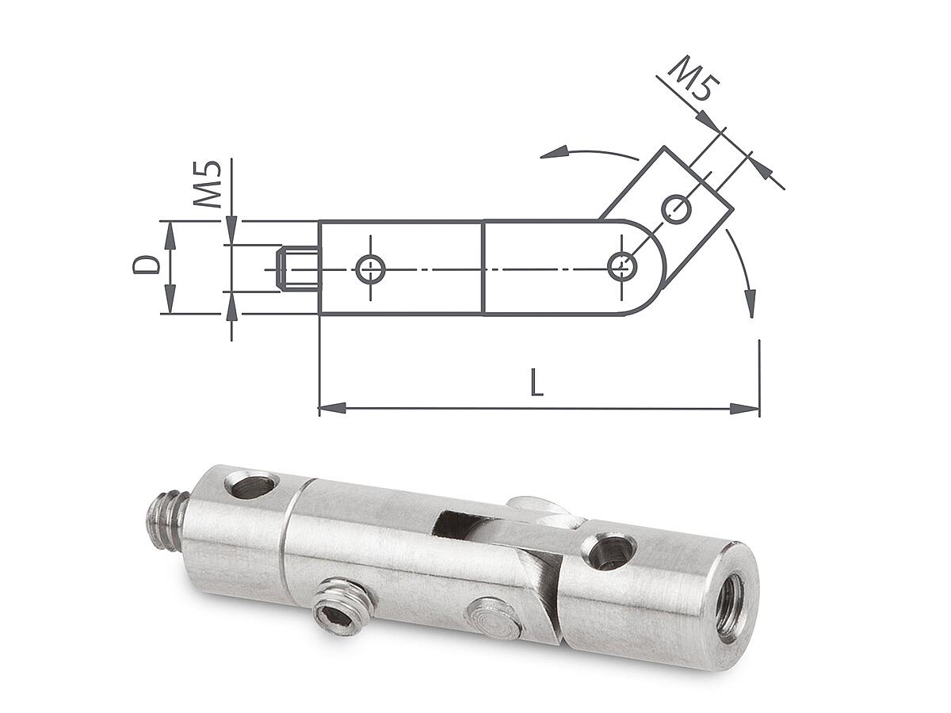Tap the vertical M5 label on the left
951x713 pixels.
pyautogui.click(x=207, y=184)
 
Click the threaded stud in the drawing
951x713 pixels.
pyautogui.click(x=299, y=269)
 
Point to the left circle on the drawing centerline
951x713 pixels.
pyautogui.click(x=370, y=269)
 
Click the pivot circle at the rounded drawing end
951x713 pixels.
pyautogui.click(x=622, y=267)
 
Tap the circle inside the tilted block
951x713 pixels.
pyautogui.click(x=676, y=209)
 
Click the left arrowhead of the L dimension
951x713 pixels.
pyautogui.click(x=332, y=408)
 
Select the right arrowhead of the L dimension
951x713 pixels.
pyautogui.click(x=745, y=408)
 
